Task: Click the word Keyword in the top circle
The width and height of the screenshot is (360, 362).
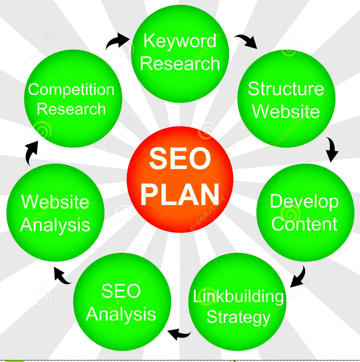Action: (180, 41)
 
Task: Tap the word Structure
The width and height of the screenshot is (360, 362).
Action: (286, 89)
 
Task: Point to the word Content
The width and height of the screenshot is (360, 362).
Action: (304, 224)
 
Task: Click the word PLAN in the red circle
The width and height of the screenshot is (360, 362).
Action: (180, 194)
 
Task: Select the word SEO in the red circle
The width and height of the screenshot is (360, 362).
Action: (180, 158)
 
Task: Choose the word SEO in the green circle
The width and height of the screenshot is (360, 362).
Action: (121, 291)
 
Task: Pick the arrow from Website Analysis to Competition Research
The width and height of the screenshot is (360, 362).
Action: (31, 153)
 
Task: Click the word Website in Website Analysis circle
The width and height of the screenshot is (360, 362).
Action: (55, 202)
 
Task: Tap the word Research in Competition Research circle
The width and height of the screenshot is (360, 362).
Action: (71, 109)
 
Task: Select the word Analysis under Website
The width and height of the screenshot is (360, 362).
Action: (55, 225)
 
